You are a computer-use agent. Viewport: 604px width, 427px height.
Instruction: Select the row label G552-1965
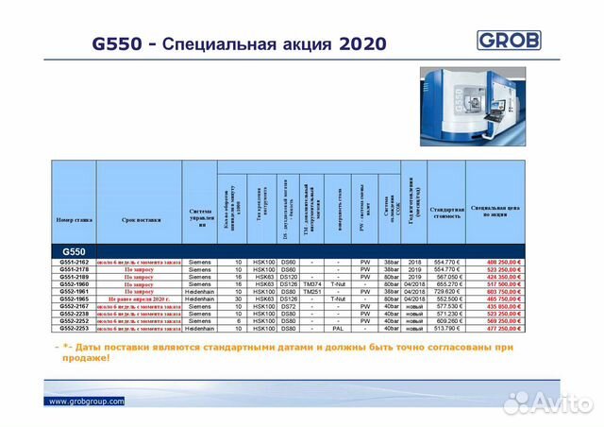[x=75, y=299]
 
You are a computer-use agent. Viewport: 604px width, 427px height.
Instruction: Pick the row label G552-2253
[x=75, y=328]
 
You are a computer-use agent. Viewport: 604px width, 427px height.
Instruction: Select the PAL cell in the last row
[x=338, y=328]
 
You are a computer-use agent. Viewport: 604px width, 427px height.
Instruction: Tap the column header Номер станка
[x=75, y=219]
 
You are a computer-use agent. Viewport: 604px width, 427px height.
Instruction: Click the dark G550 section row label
[x=75, y=250]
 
